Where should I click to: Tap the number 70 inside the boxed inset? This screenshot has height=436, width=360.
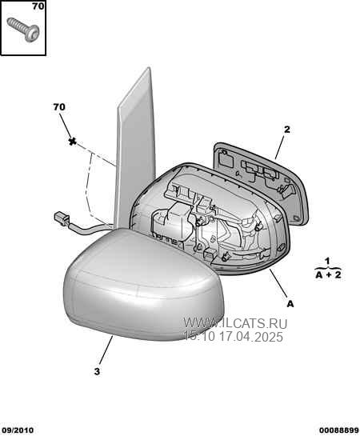[x=38, y=6]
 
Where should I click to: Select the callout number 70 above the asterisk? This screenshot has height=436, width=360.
[x=59, y=106]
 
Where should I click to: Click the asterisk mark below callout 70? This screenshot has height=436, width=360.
[x=73, y=142]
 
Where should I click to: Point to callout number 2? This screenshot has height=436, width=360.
[x=287, y=130]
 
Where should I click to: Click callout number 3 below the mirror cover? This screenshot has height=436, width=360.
[x=97, y=371]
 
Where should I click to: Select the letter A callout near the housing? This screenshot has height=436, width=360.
[x=290, y=304]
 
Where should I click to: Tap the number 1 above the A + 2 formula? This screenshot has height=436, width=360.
[x=328, y=261]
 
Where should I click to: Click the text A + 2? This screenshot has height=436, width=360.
[x=328, y=275]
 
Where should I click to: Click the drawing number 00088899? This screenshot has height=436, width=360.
[x=338, y=430]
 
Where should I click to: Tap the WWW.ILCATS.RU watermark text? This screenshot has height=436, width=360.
[x=235, y=323]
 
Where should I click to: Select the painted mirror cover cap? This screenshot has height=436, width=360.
[x=143, y=284]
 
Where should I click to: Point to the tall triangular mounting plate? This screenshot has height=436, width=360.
[x=135, y=150]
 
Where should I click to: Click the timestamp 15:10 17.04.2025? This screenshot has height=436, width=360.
[x=234, y=337]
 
